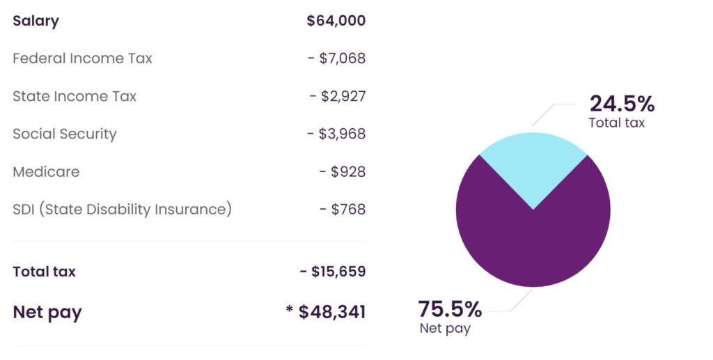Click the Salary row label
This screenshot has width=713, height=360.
pos(36,21)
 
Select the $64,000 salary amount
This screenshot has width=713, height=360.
pos(336,21)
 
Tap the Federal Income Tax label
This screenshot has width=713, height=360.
pos(82,58)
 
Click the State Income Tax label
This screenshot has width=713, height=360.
pos(75,96)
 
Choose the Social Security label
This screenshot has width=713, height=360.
pos(65,134)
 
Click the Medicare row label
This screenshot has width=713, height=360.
pos(46,171)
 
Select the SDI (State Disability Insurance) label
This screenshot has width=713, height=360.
pos(122,209)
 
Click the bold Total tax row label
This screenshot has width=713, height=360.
pos(44,272)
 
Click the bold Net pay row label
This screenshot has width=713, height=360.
pos(47,313)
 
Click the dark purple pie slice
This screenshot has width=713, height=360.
pos(533,244)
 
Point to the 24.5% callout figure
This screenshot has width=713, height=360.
pos(622,104)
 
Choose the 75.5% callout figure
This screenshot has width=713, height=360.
pos(450,308)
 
